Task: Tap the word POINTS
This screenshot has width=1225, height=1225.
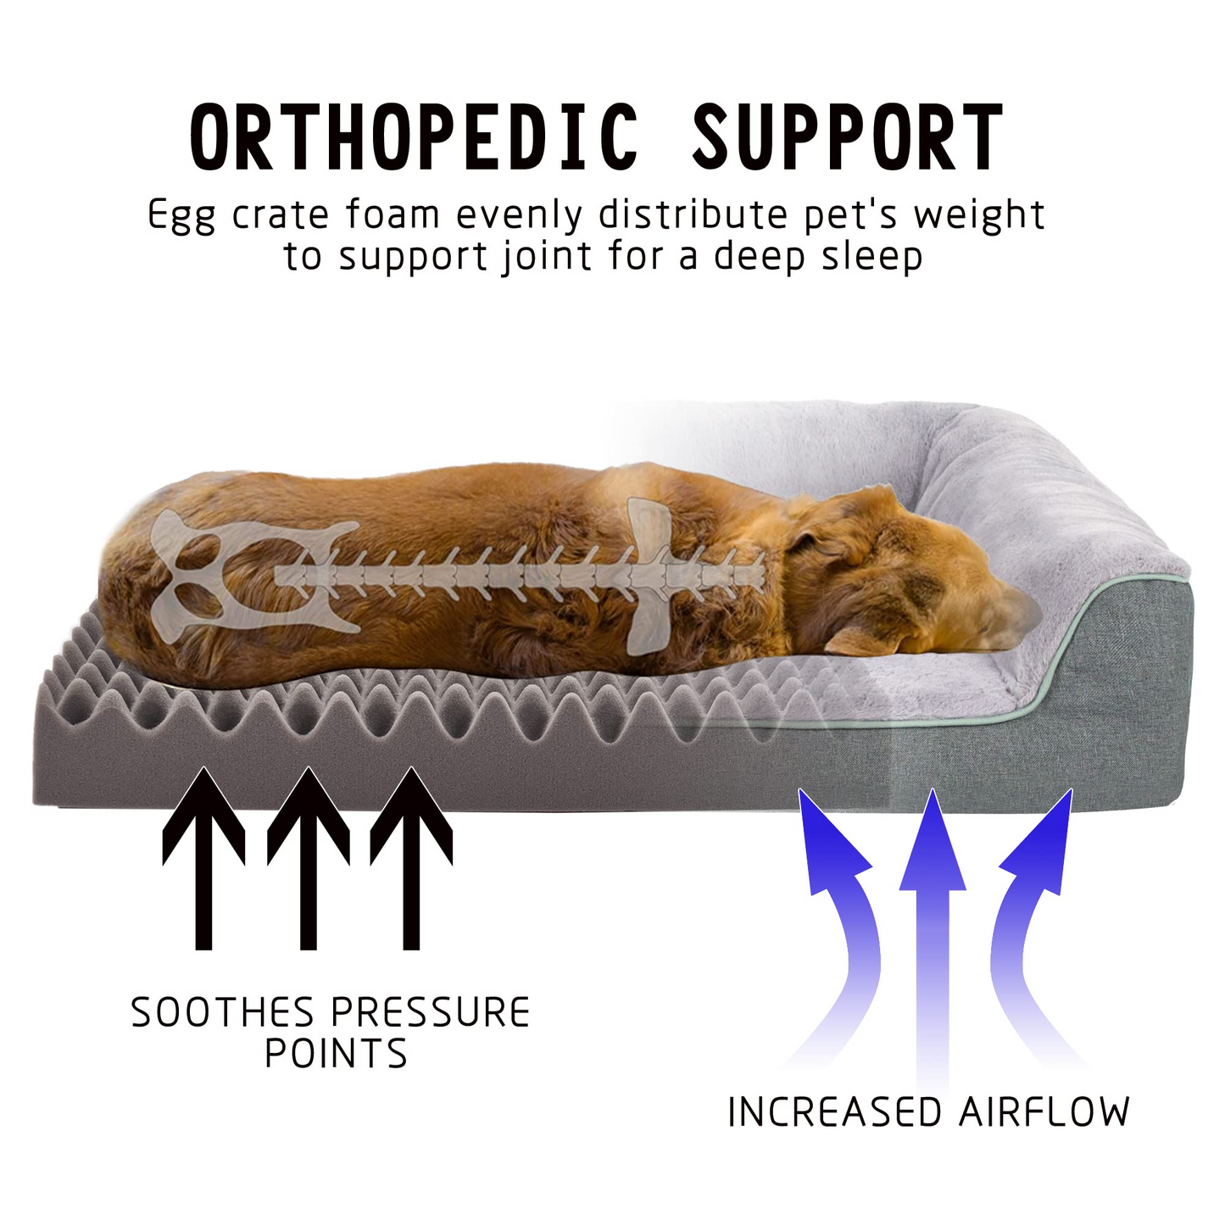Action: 336,1055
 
